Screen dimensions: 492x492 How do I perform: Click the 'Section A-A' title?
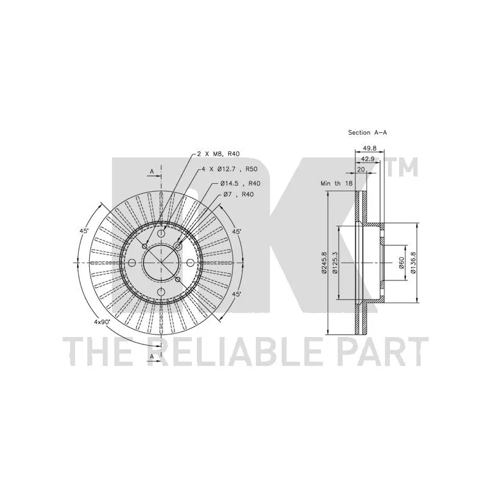coord(367,133)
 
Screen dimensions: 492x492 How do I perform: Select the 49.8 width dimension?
coord(370,148)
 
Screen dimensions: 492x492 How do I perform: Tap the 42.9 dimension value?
coord(367,159)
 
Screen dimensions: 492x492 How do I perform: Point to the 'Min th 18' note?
coord(336,183)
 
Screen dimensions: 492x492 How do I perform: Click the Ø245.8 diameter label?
coord(324,263)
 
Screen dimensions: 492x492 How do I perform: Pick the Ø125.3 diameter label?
coord(335,263)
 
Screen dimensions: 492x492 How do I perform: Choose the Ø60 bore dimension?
coord(402,263)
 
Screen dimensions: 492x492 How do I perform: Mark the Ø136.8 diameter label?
coord(413,263)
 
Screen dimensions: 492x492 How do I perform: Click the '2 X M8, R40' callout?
coord(218,154)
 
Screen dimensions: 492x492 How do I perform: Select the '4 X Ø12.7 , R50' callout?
coord(229,169)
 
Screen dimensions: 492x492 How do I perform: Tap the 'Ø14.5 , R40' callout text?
coord(240,183)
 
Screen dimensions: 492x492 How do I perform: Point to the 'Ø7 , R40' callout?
coord(239,194)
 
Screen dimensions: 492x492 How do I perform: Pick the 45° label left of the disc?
coord(84,231)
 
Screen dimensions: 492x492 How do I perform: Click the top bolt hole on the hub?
coord(161,234)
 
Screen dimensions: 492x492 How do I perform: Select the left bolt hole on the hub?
coord(132,263)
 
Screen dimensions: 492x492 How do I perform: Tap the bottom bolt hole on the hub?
coord(161,292)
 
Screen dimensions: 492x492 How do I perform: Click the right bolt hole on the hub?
coord(191,263)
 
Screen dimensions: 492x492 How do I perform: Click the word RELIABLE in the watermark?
coord(237,351)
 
